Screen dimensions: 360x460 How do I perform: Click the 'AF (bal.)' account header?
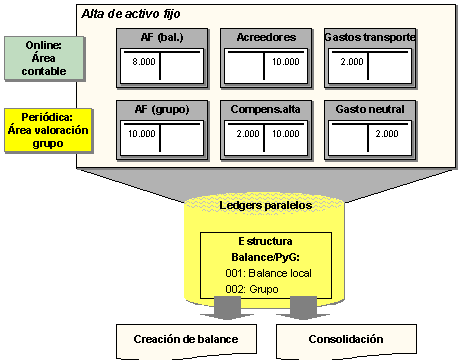pos(160,37)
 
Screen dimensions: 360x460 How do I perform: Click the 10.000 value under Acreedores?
pos(285,61)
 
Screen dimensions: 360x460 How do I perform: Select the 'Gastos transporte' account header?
pos(369,37)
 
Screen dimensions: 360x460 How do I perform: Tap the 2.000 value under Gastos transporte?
pos(352,61)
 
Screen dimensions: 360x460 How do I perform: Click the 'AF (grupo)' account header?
pos(160,107)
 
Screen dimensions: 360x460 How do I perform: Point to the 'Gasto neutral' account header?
pos(369,107)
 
